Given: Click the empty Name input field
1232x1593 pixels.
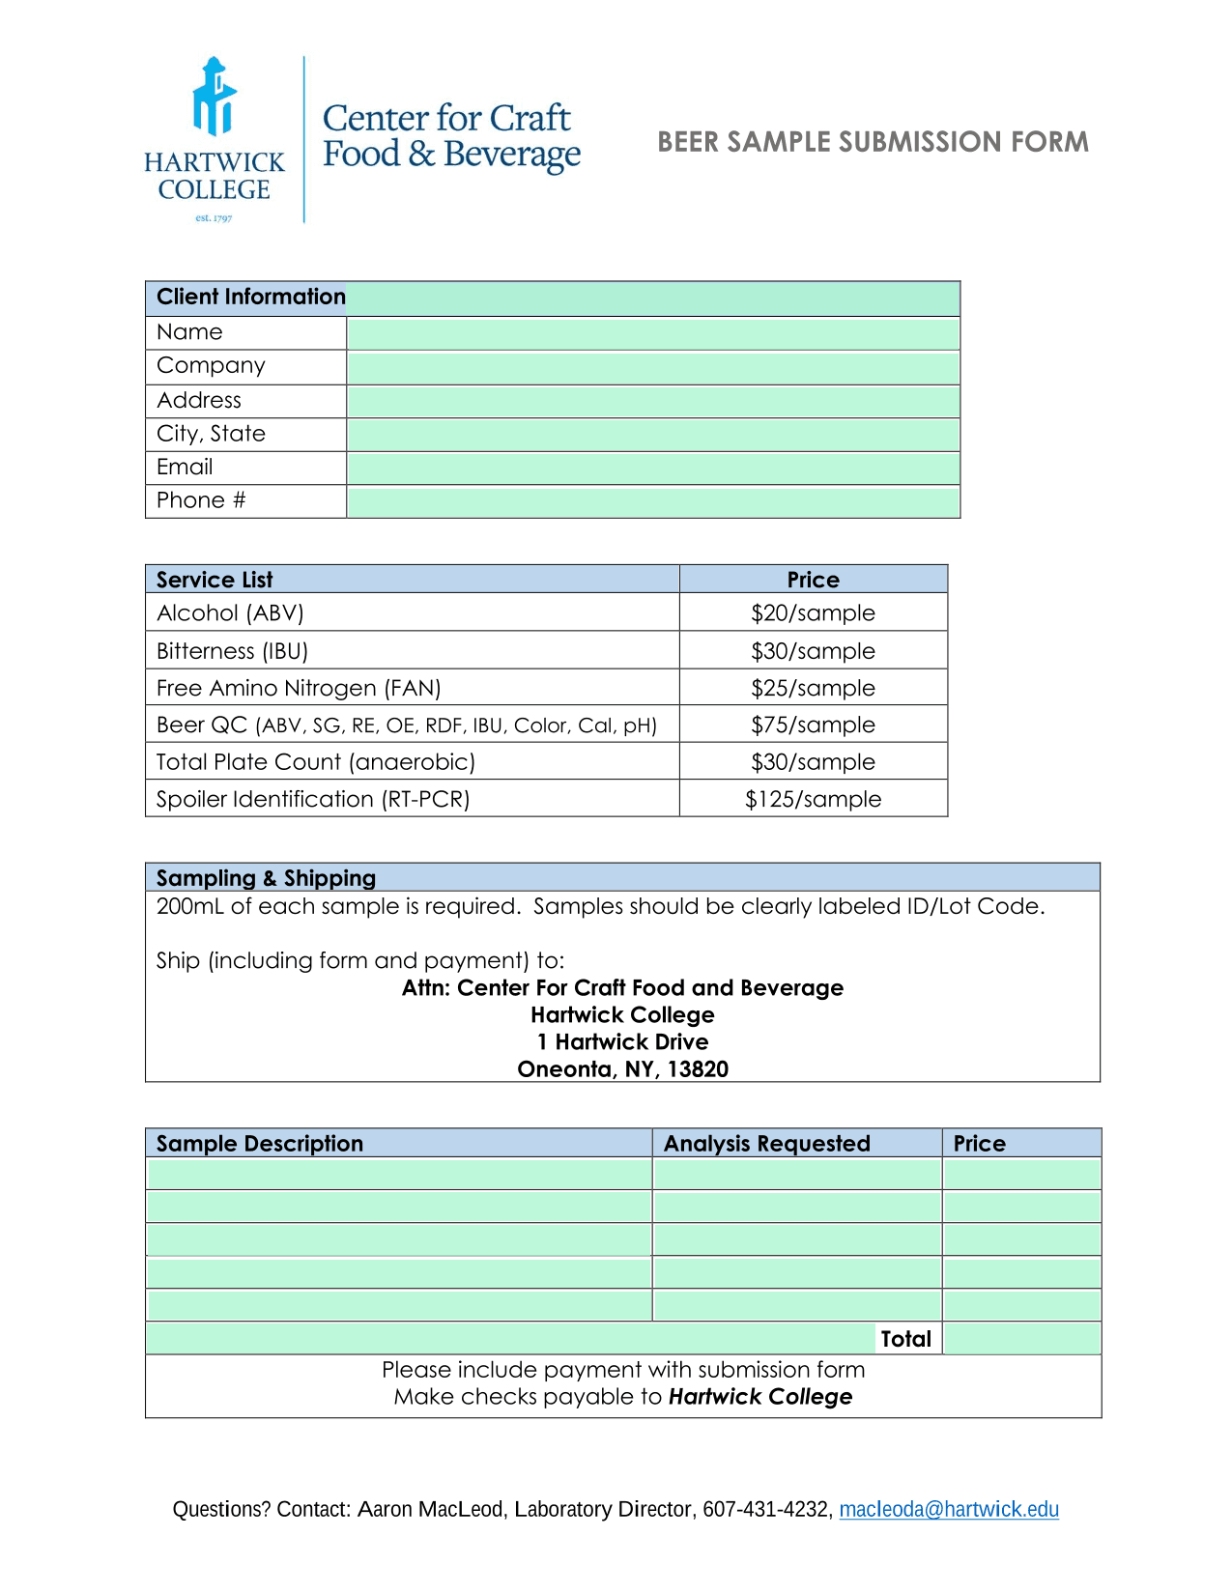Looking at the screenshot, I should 652,333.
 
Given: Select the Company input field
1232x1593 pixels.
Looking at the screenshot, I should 652,367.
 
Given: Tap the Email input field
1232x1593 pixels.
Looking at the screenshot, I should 652,469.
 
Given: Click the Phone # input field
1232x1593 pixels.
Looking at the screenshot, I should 652,502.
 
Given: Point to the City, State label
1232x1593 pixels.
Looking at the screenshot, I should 211,434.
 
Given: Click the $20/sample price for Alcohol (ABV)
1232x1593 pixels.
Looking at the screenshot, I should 813,613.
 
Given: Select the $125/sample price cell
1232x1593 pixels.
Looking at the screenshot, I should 813,800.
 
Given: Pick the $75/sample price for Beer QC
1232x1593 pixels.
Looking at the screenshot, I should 813,725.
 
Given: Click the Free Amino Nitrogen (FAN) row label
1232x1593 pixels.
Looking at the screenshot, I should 299,689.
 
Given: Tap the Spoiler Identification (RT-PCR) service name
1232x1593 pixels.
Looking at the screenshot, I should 313,800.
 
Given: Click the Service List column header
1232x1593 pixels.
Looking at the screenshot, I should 215,580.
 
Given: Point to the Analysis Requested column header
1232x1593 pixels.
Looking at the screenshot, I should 766,1144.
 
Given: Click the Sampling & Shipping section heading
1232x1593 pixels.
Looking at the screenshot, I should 266,878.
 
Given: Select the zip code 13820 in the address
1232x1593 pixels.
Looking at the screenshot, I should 698,1069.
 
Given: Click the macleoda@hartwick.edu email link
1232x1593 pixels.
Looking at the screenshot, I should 948,1509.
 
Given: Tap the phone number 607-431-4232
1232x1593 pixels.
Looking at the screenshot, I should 766,1509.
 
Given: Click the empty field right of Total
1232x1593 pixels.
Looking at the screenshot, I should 1021,1339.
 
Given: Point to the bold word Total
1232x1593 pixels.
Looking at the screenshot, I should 905,1339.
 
